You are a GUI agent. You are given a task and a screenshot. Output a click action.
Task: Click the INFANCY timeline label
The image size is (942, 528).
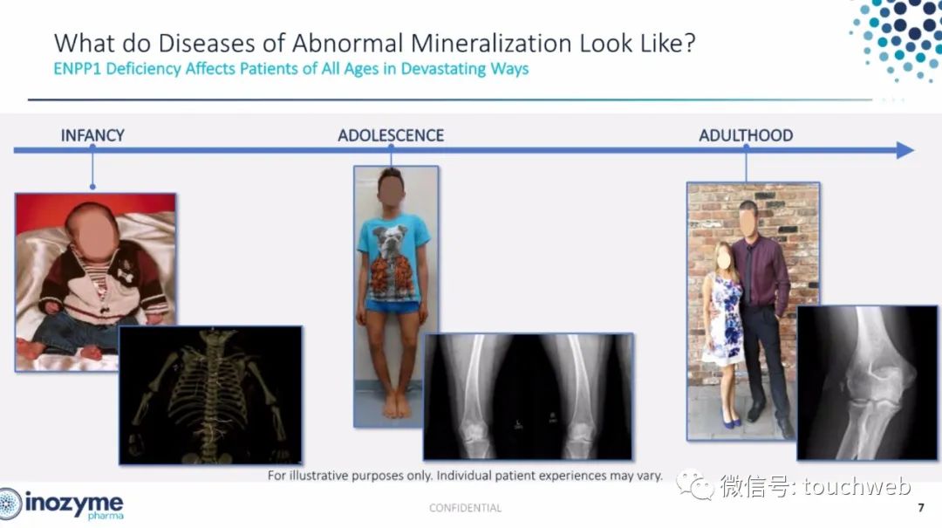click(92, 135)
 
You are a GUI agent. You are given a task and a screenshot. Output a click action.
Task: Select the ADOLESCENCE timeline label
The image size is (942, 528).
click(391, 135)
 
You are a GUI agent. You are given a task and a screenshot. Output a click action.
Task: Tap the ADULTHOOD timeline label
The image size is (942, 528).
click(746, 135)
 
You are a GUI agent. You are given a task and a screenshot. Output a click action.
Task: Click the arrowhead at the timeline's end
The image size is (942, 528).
click(904, 150)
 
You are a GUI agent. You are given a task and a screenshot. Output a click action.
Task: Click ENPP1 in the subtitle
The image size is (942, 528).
click(78, 69)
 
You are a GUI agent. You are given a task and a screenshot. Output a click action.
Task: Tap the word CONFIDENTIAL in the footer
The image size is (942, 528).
click(465, 508)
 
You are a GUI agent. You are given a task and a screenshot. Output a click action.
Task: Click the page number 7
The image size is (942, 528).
click(921, 508)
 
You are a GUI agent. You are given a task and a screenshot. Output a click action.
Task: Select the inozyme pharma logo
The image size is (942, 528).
click(61, 504)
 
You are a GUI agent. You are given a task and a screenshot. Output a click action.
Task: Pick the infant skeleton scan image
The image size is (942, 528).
click(211, 395)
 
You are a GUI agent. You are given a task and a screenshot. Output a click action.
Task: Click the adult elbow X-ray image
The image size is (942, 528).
click(867, 382)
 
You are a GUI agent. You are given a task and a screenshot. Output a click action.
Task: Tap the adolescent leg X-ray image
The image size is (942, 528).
click(528, 396)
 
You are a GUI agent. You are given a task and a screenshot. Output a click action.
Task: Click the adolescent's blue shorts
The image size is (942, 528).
click(392, 306)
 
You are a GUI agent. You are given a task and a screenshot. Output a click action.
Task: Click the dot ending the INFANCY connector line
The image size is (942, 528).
click(92, 187)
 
